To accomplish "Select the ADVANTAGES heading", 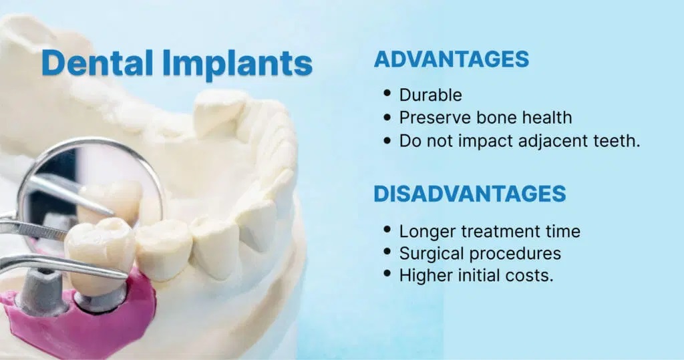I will coord(451,59).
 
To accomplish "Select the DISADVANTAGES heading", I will coord(469,194).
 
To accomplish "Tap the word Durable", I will coord(430,96).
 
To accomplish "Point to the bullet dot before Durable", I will coord(387,95).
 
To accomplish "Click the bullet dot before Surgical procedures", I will coord(387,253).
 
